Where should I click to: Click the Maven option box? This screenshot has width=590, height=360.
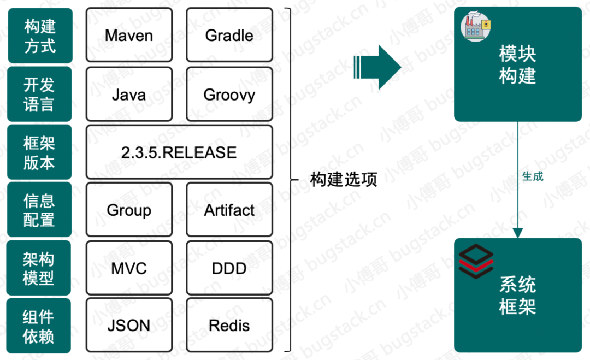pos(129,35)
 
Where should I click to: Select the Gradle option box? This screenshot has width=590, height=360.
pos(229,35)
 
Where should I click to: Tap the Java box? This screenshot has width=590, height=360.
pos(129,94)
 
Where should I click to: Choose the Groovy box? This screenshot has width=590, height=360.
pos(229,94)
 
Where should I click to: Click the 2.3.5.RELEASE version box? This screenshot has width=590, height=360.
pos(179,152)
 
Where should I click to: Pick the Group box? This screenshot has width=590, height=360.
pos(129,210)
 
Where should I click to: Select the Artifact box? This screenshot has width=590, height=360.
pos(229,210)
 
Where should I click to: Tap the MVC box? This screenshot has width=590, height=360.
pos(129,268)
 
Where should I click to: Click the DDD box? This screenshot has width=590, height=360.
pos(229,268)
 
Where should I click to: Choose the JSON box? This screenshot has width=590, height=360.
pos(129,325)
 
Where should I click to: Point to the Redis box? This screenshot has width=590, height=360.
pos(229,325)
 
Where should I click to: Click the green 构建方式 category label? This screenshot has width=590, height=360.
pos(40,36)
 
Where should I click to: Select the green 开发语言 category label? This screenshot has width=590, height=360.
pos(39,94)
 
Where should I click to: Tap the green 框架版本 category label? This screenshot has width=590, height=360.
pos(39,152)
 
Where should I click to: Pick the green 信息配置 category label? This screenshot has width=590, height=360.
pos(39,210)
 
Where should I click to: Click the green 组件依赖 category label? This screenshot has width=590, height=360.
pos(38,326)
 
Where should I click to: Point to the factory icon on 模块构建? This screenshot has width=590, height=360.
pos(476,26)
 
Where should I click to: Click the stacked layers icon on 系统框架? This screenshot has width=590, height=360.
pos(476,262)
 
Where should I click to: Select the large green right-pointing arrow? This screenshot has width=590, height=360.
pos(377,67)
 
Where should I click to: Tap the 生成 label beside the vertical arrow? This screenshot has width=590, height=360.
pos(533,176)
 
